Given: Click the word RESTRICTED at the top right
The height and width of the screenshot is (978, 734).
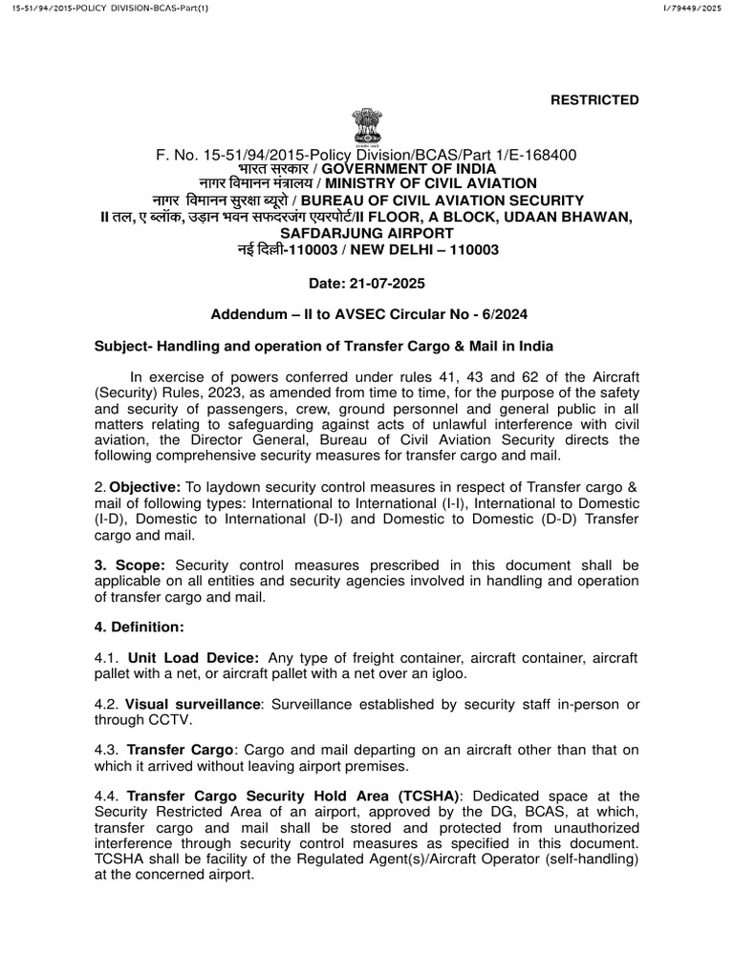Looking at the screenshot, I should click(x=593, y=100).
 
